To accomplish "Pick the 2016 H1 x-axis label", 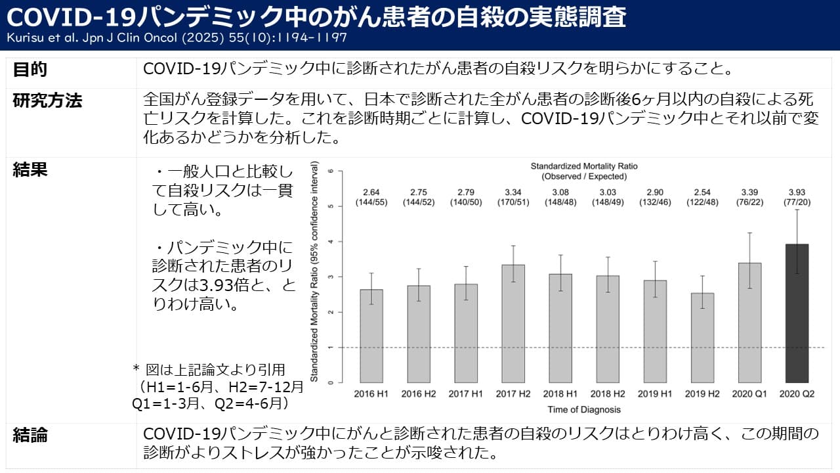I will tap(371, 394).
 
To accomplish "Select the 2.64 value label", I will tap(371, 192).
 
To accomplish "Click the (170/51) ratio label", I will tap(513, 202).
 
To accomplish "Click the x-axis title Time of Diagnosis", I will tap(584, 409).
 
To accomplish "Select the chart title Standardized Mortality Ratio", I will tap(584, 166).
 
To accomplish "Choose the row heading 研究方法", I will tap(47, 101).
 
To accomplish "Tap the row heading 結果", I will tap(30, 169).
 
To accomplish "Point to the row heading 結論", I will tap(30, 435).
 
